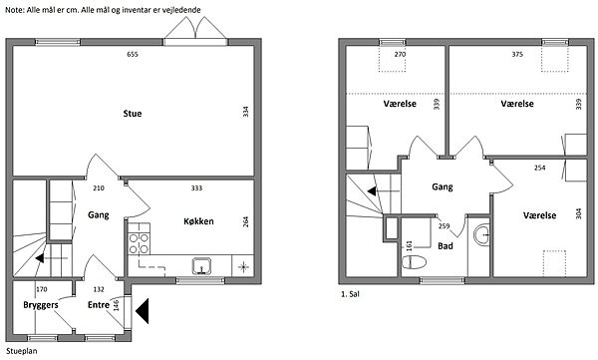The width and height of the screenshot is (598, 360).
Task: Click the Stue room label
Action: [x=133, y=114]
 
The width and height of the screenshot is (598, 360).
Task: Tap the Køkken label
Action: [x=198, y=221]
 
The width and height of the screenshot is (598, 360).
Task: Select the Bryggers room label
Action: [x=41, y=305]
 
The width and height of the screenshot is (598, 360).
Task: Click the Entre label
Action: [x=99, y=304]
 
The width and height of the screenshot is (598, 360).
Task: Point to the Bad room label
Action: [x=446, y=246]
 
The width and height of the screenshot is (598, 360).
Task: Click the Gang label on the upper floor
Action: [x=443, y=187]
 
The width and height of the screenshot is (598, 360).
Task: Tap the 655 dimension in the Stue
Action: [x=133, y=54]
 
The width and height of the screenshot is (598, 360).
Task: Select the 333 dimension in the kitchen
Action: [x=196, y=187]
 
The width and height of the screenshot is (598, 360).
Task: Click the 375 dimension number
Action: [x=517, y=54]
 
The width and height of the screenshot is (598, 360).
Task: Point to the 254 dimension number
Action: [x=539, y=168]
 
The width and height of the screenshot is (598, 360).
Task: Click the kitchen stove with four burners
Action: [x=139, y=239]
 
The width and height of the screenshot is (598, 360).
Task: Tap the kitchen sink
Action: [x=201, y=265]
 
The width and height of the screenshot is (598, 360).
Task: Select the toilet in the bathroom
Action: [x=415, y=262]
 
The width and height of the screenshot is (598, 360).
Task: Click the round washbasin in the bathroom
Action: [x=481, y=234]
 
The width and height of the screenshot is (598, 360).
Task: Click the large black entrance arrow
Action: [x=142, y=311]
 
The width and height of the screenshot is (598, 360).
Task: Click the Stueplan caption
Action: [x=22, y=351]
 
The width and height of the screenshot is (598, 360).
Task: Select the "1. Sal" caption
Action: [x=350, y=294]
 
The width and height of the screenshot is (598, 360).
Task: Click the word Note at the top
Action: [x=15, y=10]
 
